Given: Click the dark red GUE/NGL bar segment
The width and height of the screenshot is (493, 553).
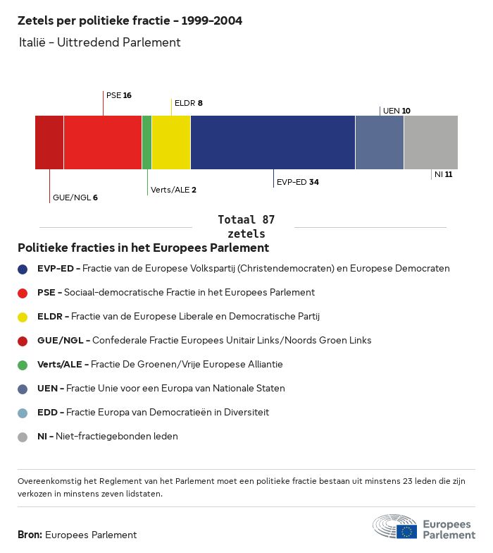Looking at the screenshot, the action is pos(49,142).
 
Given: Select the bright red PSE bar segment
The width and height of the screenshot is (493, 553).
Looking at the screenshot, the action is pos(103,142).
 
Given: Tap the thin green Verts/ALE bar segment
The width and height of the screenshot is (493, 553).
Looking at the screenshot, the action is pos(146,142).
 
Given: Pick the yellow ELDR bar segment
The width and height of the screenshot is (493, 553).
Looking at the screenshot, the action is pos(171,142).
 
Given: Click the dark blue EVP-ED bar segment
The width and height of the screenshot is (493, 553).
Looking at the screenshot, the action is pos(273,142).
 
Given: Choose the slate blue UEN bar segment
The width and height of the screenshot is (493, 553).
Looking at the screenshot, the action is pos(380,142).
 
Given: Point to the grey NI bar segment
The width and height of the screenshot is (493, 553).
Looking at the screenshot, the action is pos(431,142).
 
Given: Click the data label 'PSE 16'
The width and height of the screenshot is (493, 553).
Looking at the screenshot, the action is pos(118,95).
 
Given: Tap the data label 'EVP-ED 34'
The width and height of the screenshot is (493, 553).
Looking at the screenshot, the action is pos(297,182).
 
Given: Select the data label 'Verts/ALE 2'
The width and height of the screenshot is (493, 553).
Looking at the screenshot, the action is pos(173,190).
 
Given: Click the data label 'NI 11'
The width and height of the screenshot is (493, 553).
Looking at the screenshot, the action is pos(444,174).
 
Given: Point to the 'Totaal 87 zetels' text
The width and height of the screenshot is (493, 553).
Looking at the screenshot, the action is pos(246,226).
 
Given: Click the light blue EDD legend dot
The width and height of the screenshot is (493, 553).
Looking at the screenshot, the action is pos(23,413).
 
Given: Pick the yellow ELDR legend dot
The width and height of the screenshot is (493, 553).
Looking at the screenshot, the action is pos(23,317).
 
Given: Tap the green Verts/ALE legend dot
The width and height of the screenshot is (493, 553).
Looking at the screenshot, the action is pos(23,365).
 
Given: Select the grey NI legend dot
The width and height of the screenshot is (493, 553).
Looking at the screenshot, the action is pos(23,437).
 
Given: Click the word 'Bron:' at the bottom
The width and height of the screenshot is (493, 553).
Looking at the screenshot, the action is pos(30,535).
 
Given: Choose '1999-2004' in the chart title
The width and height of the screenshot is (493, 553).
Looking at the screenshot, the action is pos(211,20).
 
